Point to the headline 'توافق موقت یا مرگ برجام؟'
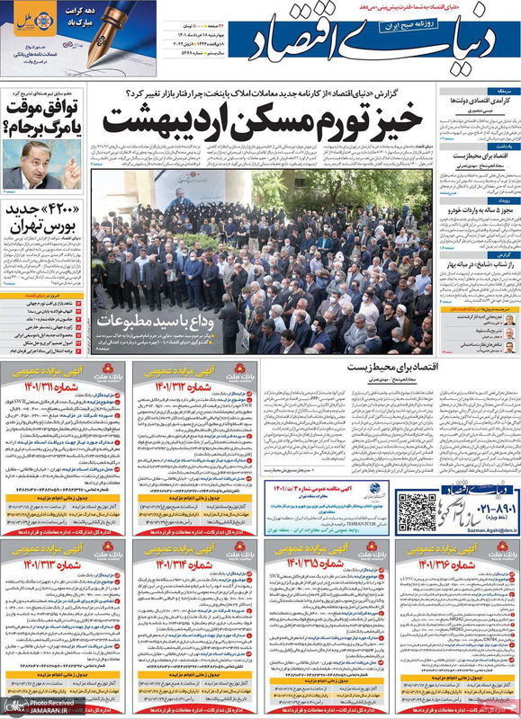pos(45,118)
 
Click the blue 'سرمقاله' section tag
pos(500,92)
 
